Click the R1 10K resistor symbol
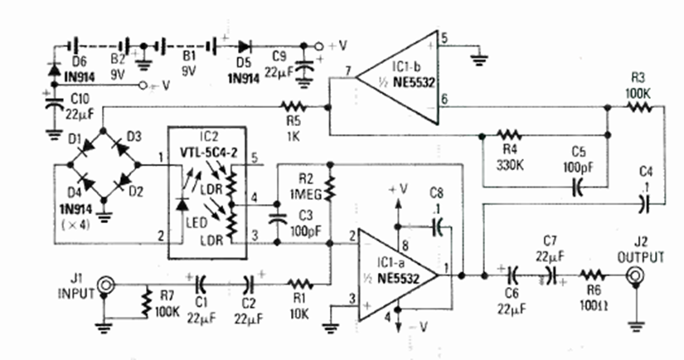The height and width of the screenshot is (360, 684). click(298, 283)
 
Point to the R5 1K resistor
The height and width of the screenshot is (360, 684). click(293, 106)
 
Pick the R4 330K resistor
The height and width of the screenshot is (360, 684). click(508, 134)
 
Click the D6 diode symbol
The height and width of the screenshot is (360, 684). click(54, 66)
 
